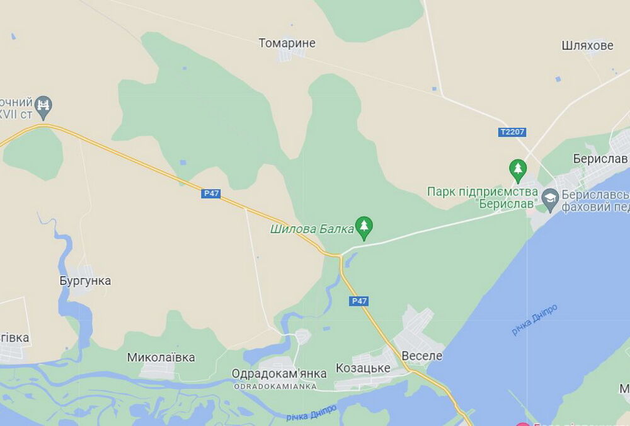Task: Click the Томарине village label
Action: tap(287, 43)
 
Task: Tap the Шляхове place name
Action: tap(587, 45)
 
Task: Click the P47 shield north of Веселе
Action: tap(358, 301)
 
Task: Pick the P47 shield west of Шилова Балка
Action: tap(211, 193)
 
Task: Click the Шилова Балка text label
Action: tap(311, 229)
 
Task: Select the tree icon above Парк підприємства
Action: tap(518, 169)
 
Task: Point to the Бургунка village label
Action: tap(85, 281)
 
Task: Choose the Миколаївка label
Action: tap(161, 357)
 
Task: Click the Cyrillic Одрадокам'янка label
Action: tap(279, 374)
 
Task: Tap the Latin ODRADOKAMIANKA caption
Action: tap(275, 386)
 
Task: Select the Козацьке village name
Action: tap(363, 368)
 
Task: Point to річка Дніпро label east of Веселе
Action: tap(534, 319)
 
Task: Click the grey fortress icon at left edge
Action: tap(43, 106)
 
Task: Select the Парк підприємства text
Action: tap(482, 198)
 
